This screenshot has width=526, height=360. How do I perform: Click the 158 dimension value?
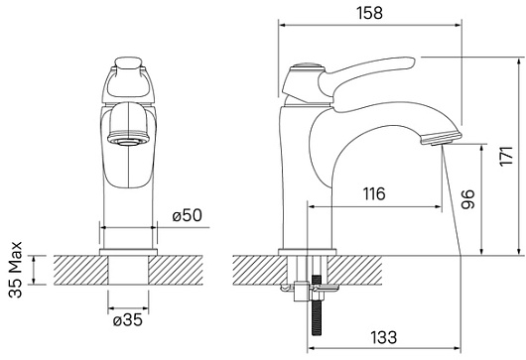pos(369,13)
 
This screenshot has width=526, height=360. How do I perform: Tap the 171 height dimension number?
pos(506,156)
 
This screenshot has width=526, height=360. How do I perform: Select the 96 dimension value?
pos(468,199)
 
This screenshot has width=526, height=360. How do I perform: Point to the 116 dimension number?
pos(374,194)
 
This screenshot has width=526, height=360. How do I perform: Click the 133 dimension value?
pos(384,337)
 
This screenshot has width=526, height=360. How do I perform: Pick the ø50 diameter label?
pos(188,215)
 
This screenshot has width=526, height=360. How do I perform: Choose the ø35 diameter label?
pos(128,320)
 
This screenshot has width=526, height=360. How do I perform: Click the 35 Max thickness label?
pos(16,270)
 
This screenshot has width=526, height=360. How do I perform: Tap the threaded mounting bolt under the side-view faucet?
pos(316,305)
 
